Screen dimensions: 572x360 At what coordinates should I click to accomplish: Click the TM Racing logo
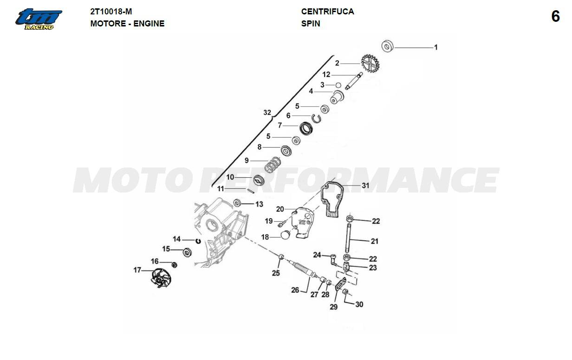click(39, 19)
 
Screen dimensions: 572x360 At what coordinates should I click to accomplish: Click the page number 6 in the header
click(555, 17)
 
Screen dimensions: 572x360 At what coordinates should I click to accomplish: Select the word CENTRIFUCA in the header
click(328, 12)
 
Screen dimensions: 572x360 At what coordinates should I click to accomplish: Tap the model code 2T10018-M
click(111, 12)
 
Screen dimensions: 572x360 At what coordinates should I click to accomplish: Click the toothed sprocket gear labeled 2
click(370, 63)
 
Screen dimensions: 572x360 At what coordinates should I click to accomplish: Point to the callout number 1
click(436, 47)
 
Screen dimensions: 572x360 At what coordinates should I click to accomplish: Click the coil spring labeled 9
click(273, 164)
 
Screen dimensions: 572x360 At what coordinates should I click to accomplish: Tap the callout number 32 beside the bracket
click(267, 113)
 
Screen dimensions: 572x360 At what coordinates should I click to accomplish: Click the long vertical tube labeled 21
click(349, 237)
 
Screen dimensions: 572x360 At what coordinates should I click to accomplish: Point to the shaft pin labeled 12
click(354, 81)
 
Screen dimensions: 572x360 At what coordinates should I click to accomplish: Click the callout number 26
click(295, 290)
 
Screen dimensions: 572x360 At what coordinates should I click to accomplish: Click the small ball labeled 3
click(338, 85)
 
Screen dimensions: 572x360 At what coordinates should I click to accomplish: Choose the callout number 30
click(359, 304)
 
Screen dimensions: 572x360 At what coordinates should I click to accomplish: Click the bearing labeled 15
click(188, 252)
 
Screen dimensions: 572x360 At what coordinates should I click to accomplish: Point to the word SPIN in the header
click(311, 24)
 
